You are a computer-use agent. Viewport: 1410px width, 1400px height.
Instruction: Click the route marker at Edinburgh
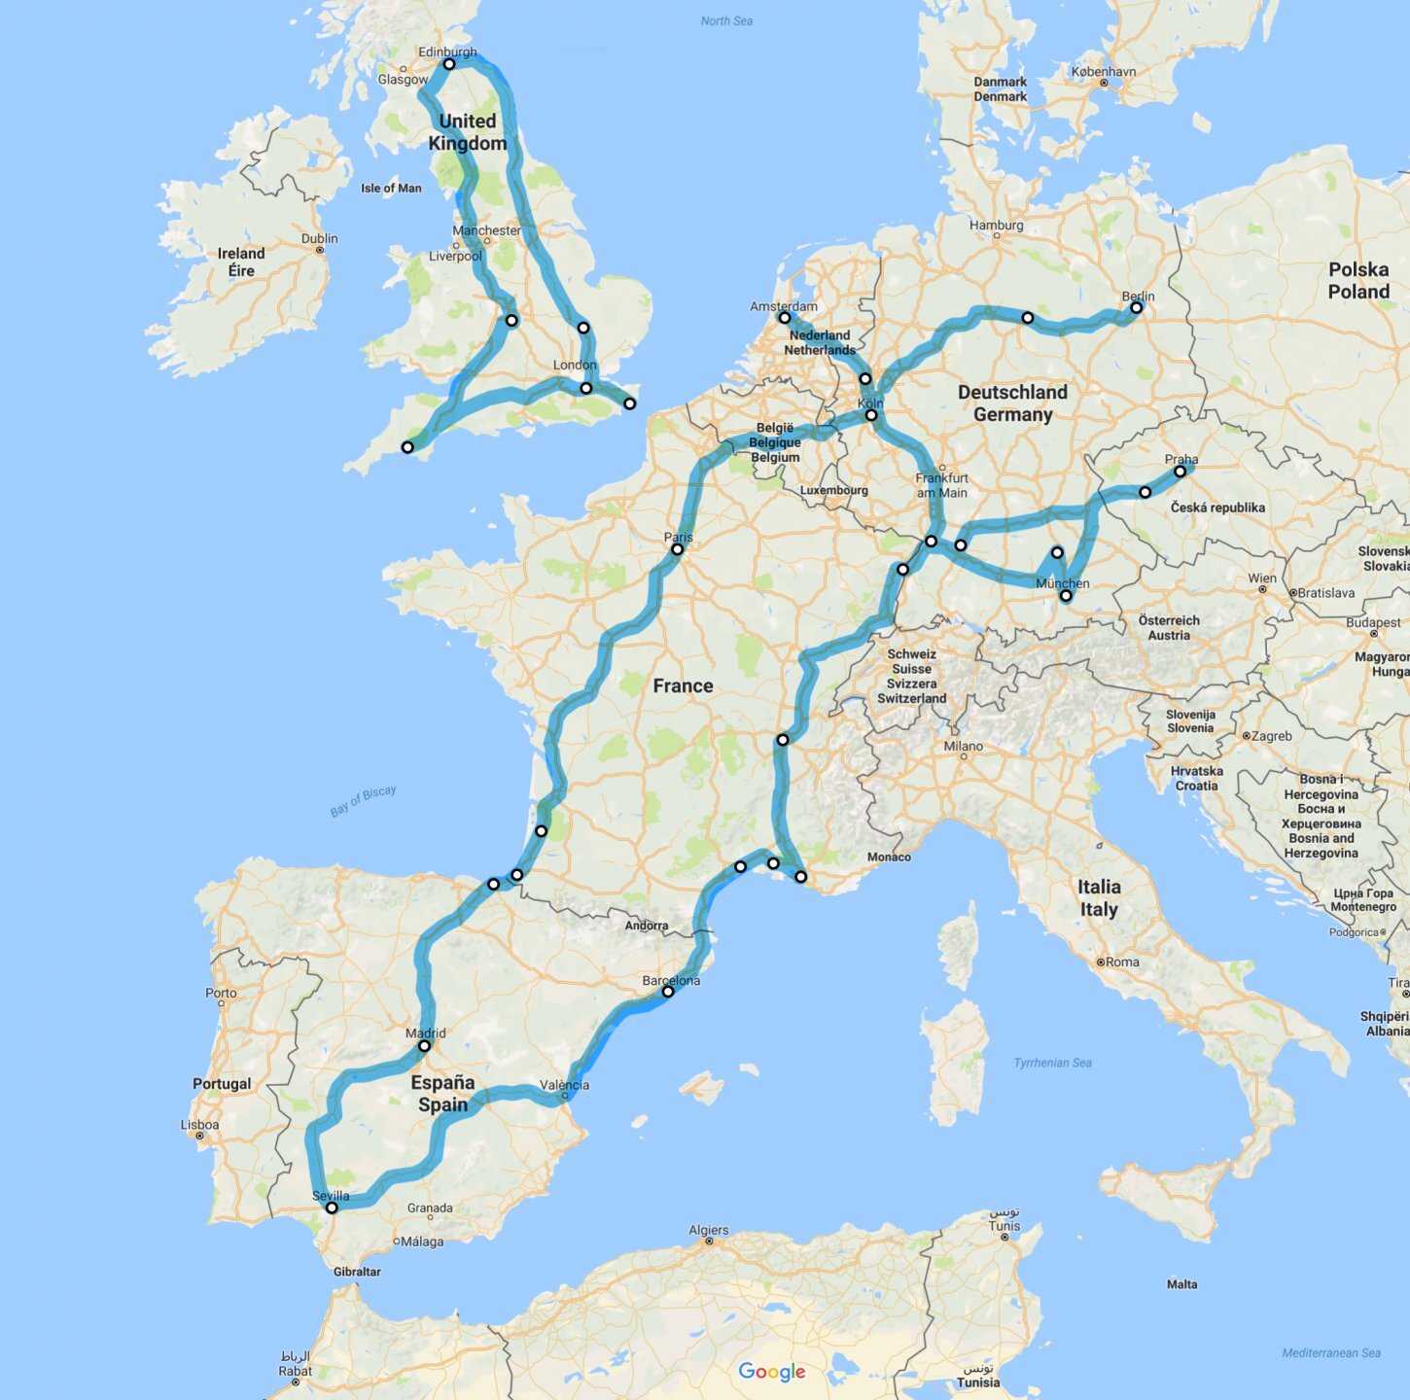[x=449, y=64]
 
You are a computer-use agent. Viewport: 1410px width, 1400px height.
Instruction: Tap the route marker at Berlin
[x=1136, y=308]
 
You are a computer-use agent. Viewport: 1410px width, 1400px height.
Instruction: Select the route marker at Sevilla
[x=332, y=1207]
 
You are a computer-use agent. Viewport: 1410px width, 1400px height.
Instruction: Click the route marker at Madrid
[x=425, y=1046]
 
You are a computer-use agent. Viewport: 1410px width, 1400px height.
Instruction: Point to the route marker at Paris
[x=678, y=549]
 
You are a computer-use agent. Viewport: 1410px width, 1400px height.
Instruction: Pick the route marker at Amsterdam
[x=784, y=317]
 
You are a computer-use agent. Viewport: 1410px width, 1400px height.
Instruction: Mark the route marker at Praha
[x=1180, y=472]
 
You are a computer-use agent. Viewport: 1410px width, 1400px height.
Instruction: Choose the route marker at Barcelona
[x=668, y=993]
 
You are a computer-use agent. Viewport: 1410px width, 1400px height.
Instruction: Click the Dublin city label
[x=319, y=238]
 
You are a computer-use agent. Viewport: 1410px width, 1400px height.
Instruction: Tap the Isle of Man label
[x=391, y=189]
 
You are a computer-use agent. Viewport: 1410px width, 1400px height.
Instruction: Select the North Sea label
[x=726, y=21]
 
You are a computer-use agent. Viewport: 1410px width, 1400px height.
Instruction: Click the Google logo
[x=772, y=1371]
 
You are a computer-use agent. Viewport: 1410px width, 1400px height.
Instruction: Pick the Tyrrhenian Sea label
[x=1052, y=1063]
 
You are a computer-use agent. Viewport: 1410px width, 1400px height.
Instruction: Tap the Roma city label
[x=1121, y=962]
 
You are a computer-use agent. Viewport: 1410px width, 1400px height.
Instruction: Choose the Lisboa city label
[x=200, y=1125]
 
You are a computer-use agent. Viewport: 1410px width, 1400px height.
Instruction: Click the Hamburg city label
[x=996, y=226]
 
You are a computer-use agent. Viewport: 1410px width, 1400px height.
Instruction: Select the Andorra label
[x=647, y=926]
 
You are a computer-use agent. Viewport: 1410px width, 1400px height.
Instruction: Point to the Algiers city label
[x=708, y=1230]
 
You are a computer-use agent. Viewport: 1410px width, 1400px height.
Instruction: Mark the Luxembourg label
[x=833, y=490]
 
